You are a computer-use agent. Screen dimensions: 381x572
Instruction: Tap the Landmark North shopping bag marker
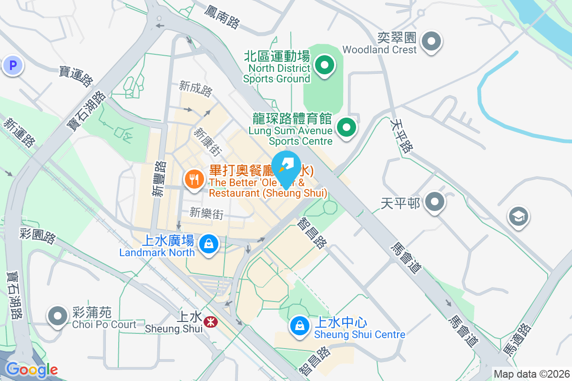pos(208,244)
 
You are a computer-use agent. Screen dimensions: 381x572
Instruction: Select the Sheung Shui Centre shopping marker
pos(299,326)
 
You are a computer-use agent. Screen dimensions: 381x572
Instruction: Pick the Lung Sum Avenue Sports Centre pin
pos(347,128)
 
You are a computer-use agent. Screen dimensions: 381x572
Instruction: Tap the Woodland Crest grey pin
pos(431,41)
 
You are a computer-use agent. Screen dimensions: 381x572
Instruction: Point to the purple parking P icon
pos(12,65)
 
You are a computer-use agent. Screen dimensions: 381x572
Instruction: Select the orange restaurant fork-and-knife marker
pos(194,180)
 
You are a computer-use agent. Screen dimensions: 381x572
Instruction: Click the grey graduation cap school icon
pos(518,217)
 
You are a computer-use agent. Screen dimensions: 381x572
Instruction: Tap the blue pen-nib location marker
pos(286,165)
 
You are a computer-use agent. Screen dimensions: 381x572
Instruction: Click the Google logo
pos(31,370)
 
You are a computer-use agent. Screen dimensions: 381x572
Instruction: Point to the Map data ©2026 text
pos(531,374)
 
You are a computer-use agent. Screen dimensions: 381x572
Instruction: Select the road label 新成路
pos(196,89)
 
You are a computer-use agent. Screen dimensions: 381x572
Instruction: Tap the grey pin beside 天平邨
pos(434,202)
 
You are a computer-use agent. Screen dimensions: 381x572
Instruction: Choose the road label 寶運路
pos(76,76)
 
